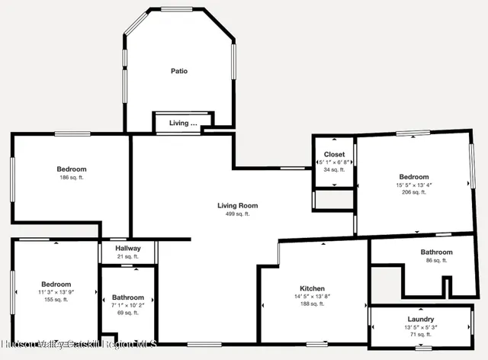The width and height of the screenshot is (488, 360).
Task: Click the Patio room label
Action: click(x=178, y=72)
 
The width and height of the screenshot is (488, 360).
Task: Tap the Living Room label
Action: click(x=237, y=206)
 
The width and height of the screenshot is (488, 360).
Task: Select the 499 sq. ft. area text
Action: click(x=237, y=214)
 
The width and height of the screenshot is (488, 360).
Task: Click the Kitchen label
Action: click(x=312, y=288)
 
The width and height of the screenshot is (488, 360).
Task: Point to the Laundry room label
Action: click(x=421, y=320)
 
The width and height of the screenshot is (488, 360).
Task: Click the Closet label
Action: click(x=334, y=155)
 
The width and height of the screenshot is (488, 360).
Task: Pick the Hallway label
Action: click(x=128, y=249)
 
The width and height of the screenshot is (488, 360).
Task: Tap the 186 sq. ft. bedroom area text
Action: click(x=72, y=178)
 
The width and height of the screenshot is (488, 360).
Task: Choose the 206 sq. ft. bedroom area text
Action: click(x=414, y=193)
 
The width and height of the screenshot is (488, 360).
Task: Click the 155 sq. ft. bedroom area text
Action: click(x=56, y=300)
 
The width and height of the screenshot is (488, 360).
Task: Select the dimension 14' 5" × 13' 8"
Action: click(x=312, y=296)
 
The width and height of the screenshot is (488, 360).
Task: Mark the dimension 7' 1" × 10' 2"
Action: click(x=128, y=305)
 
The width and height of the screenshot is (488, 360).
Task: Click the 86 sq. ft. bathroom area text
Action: click(x=436, y=260)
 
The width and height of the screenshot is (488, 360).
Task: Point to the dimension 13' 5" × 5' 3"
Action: click(x=421, y=327)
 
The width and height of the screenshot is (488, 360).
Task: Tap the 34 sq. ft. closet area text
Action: click(x=334, y=170)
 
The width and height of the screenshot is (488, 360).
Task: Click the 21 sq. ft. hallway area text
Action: click(x=128, y=256)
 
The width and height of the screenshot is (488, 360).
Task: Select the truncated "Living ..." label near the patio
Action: click(x=183, y=123)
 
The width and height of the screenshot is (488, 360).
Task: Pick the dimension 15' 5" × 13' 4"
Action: click(x=414, y=185)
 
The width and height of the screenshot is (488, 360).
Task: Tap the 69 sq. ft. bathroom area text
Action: click(x=128, y=313)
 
